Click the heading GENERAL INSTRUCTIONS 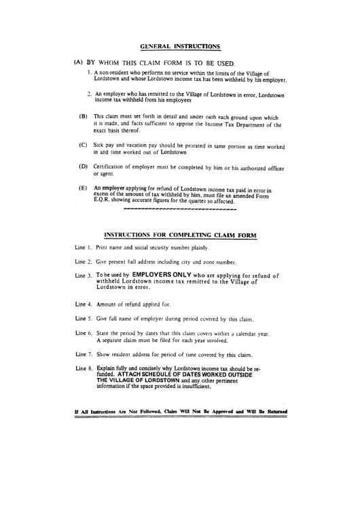coord(179,46)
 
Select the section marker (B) coord(83,116)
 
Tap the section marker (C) coord(83,145)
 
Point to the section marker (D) coord(83,166)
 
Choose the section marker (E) coord(83,188)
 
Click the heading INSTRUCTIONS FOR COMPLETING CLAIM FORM coord(179,235)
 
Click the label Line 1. coord(83,249)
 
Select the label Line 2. coord(83,261)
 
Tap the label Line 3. coord(83,276)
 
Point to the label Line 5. coord(83,318)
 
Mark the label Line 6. coord(83,334)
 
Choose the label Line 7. coord(83,355)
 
